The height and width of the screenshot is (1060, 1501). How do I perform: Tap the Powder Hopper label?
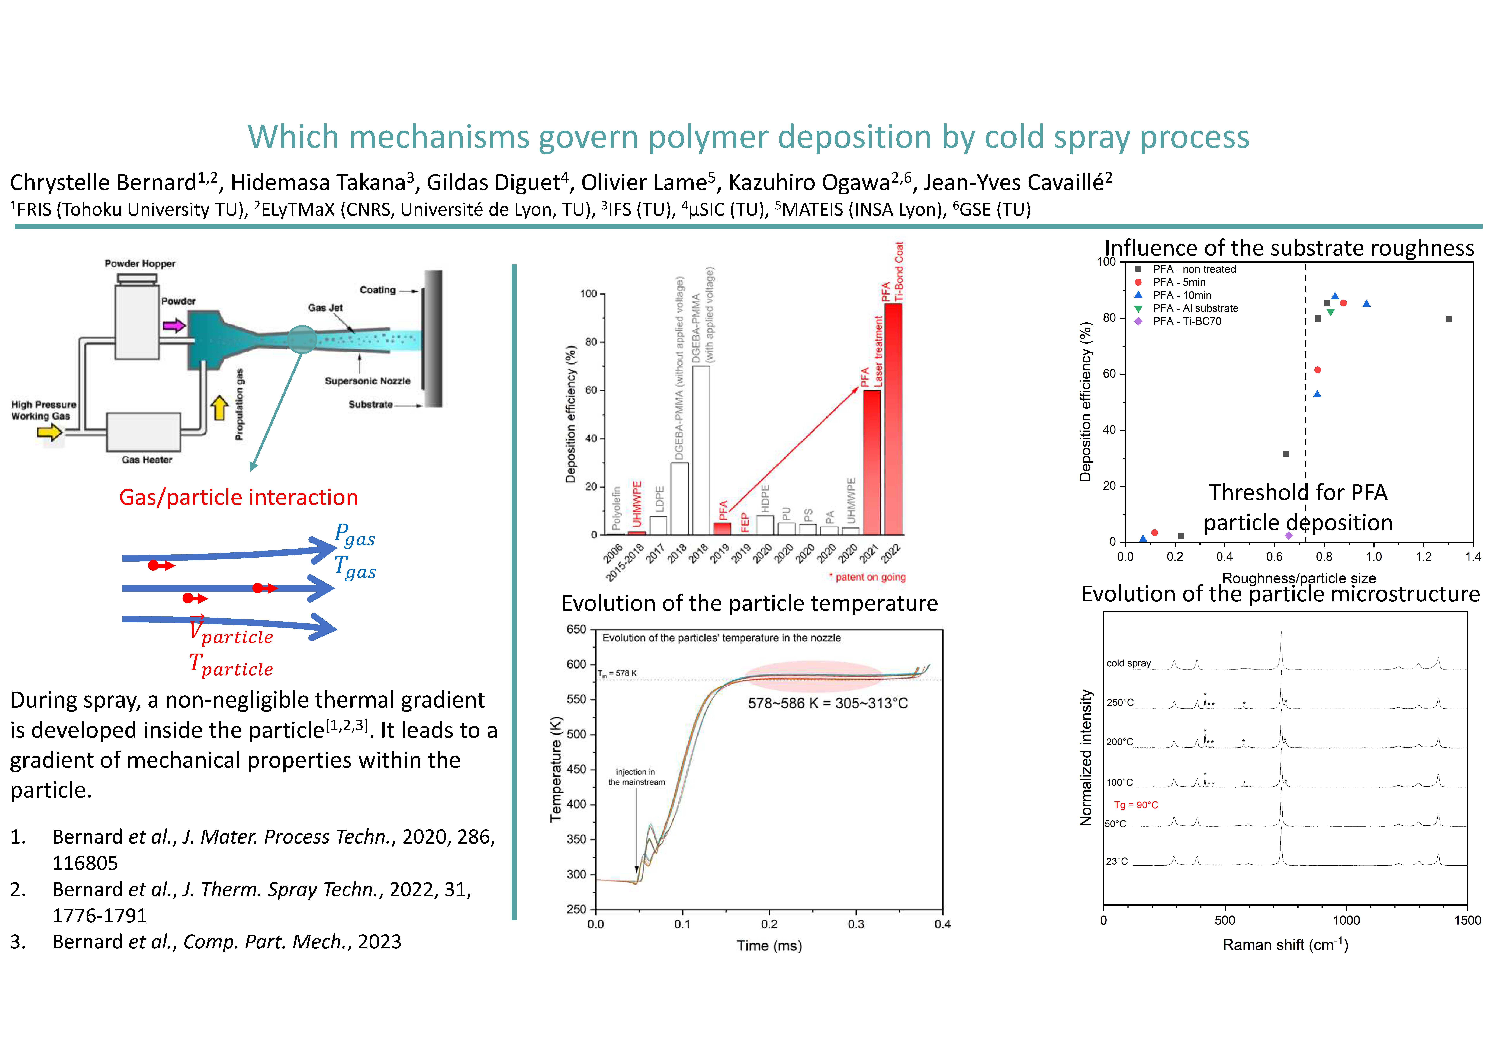140,264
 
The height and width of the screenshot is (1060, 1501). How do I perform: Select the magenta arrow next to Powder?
174,325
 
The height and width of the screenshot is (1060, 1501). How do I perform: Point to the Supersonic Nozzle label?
367,381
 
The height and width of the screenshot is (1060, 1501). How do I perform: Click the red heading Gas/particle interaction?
239,497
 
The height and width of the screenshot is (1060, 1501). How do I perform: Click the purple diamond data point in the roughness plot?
1289,535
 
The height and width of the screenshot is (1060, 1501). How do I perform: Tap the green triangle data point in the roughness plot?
1330,312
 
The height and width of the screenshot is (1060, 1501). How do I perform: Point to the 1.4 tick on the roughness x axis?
1473,557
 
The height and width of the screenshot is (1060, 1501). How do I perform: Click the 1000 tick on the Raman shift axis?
1346,920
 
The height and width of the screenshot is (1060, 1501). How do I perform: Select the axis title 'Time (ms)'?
769,946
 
